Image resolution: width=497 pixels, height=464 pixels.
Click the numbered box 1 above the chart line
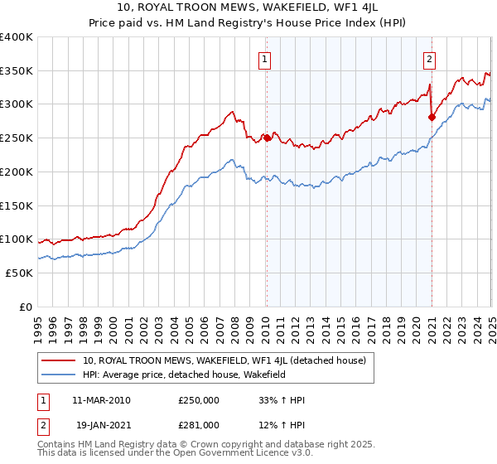pos(264,59)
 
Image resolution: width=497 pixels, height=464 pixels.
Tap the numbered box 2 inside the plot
pos(431,59)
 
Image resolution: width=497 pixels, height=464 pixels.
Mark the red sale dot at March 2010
pos(267,138)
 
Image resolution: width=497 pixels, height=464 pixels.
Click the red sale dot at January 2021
pos(432,117)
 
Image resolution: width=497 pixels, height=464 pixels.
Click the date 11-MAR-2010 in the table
pos(101,400)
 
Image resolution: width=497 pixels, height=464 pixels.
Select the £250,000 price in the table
pos(199,400)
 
